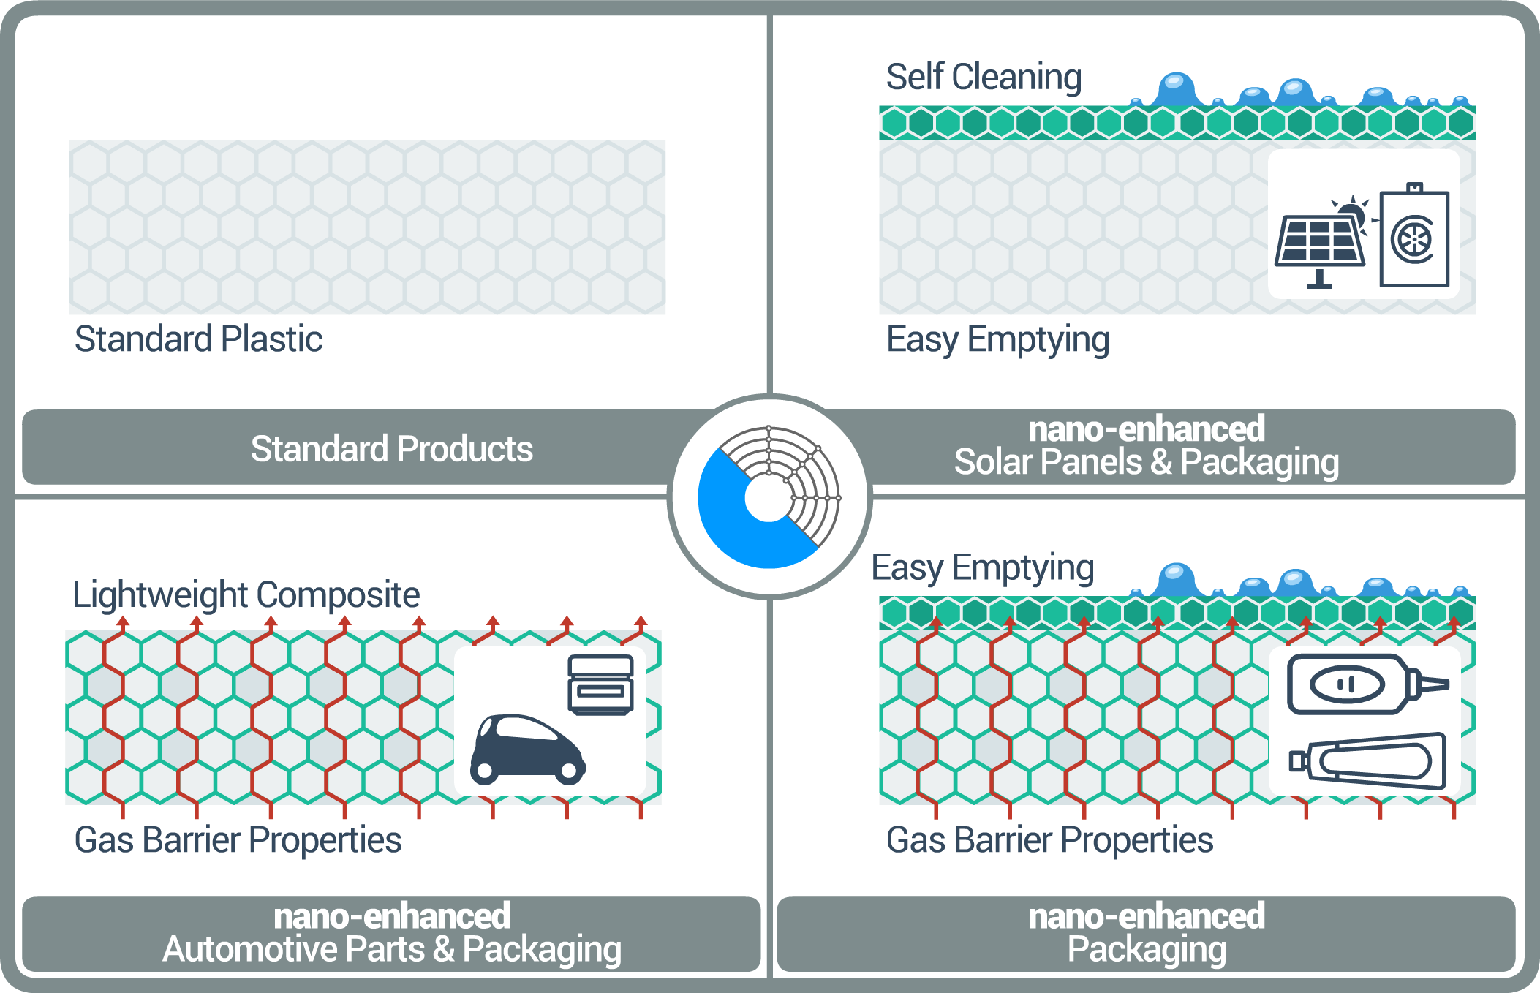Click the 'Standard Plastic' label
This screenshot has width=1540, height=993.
point(198,339)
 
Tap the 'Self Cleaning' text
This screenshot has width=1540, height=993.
point(984,77)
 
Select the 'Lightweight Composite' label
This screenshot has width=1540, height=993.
point(246,594)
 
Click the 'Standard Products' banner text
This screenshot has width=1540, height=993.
point(391,448)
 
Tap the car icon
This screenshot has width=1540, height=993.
point(526,750)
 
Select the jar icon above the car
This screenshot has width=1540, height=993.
point(600,684)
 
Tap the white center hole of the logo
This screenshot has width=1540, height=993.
point(768,498)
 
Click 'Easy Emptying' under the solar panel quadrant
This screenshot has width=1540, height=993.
point(997,339)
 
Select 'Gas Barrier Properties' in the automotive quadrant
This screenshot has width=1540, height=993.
point(238,839)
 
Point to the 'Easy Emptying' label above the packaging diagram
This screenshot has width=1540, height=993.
point(982,568)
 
